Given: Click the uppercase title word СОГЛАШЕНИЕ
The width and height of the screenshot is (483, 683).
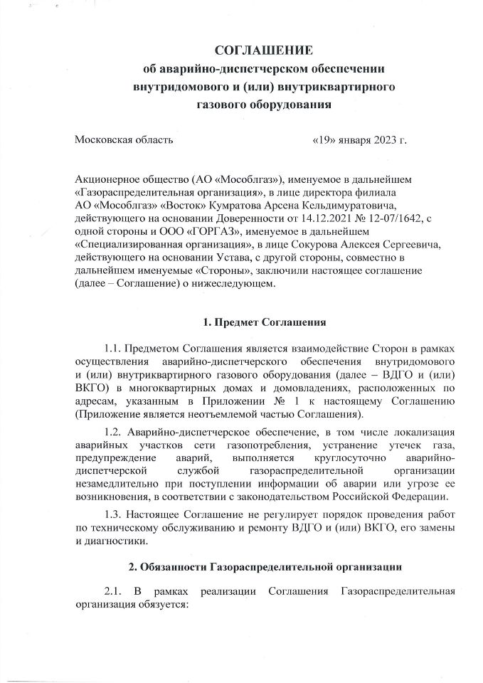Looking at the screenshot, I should (x=264, y=51).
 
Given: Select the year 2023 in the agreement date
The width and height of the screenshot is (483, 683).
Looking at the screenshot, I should (x=383, y=139).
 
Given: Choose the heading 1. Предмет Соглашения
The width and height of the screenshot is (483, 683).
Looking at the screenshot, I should (x=264, y=323).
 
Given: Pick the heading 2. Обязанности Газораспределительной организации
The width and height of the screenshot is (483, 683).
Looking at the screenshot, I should (x=264, y=568).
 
